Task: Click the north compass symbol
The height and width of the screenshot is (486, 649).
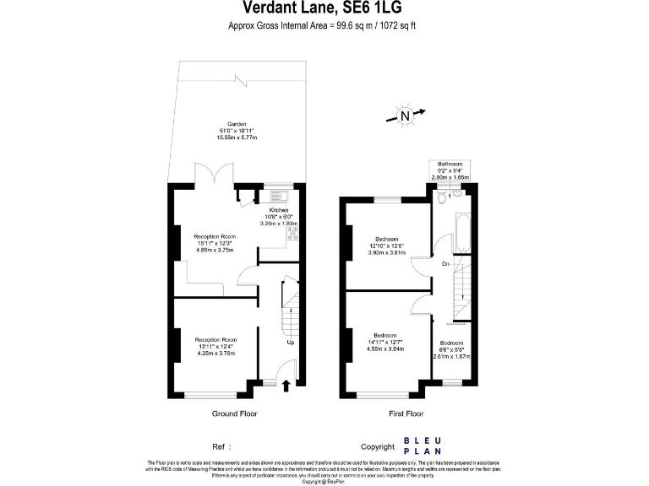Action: click(x=405, y=116)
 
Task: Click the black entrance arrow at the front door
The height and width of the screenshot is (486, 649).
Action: click(x=285, y=386)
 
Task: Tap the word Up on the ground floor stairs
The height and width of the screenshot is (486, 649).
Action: click(x=291, y=343)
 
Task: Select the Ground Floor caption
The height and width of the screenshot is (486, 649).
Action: click(x=234, y=413)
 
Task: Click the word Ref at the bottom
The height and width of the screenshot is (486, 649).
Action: click(x=218, y=446)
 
